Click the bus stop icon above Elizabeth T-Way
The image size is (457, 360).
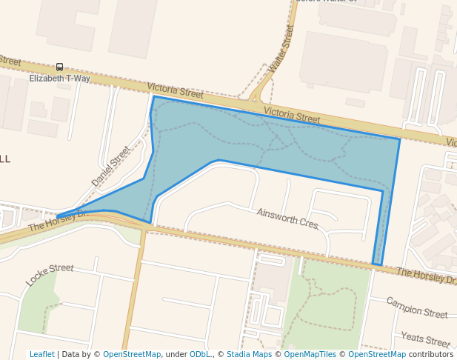click(x=59, y=67)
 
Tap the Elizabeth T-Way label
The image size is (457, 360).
click(x=59, y=79)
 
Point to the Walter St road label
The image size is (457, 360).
click(x=281, y=48)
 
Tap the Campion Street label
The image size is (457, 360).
click(x=417, y=307)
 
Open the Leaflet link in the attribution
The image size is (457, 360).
click(x=41, y=354)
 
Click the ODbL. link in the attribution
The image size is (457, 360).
click(x=201, y=354)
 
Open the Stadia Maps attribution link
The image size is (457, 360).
click(x=249, y=354)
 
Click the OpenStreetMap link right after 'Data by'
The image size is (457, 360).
click(x=132, y=354)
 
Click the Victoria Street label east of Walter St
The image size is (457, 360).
click(x=292, y=116)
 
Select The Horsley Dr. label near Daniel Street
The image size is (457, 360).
click(x=59, y=221)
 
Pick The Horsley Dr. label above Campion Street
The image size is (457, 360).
click(x=425, y=276)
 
